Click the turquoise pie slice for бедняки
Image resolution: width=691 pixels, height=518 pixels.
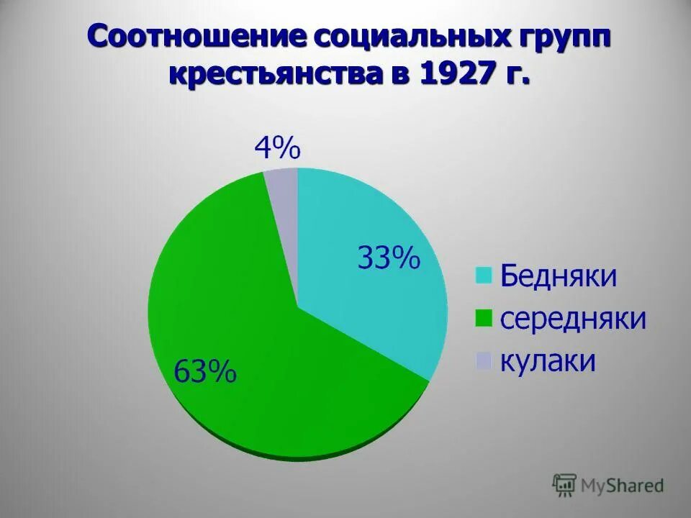click(374, 302)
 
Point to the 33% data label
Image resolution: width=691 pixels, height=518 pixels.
click(388, 258)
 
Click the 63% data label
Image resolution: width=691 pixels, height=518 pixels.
click(204, 372)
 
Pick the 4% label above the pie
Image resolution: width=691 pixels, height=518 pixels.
click(277, 149)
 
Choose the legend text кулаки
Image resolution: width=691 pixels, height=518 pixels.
click(548, 360)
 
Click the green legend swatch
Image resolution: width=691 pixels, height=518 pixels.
click(483, 318)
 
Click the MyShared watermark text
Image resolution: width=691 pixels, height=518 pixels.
click(623, 486)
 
